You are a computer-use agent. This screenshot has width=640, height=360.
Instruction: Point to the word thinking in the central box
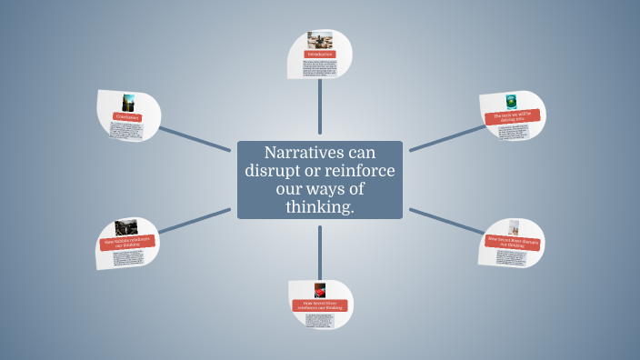(x=319, y=208)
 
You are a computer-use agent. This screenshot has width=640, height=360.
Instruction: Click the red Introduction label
(x=319, y=55)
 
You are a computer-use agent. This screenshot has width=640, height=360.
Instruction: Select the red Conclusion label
(x=127, y=116)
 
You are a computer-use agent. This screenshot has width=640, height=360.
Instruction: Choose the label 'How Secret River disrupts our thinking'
(x=512, y=241)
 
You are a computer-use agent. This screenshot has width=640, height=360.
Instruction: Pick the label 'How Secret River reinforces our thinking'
(x=319, y=305)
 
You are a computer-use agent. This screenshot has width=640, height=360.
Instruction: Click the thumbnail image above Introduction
(x=319, y=40)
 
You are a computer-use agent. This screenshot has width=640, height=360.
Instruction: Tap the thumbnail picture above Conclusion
(x=129, y=101)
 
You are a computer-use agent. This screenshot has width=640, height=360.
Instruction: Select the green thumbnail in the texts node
(x=511, y=101)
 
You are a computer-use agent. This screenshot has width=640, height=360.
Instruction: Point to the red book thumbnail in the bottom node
(x=320, y=290)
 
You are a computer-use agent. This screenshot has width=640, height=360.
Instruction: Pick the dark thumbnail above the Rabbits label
(x=126, y=226)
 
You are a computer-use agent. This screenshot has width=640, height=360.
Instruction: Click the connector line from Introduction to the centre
(x=319, y=109)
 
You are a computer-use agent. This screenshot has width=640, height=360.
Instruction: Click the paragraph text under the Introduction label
(x=320, y=69)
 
